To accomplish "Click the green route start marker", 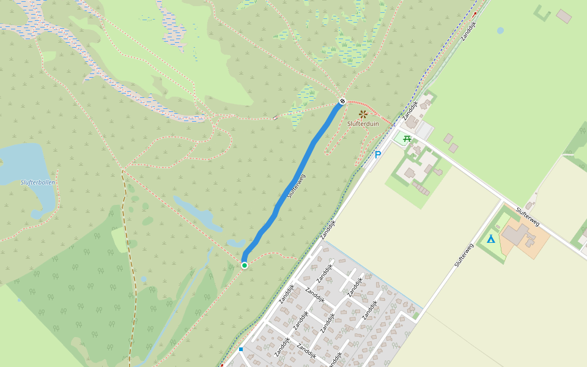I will click(x=245, y=265).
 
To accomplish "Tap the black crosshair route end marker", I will click(x=342, y=102).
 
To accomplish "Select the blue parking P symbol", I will click(x=377, y=155).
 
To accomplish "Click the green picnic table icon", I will click(x=407, y=138).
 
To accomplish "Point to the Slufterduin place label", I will click(x=363, y=124).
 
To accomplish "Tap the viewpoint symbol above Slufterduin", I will click(x=363, y=114).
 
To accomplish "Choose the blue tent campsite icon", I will click(x=491, y=239).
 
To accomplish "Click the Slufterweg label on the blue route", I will click(x=295, y=185).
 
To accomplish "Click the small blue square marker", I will click(x=241, y=349).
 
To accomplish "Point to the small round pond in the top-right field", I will click(x=500, y=30).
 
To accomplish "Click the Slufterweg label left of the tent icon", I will click(x=464, y=255).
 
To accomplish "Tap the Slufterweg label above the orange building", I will click(x=527, y=217).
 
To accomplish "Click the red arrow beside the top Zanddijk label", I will click(x=474, y=13).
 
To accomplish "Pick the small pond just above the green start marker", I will click(x=235, y=243).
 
